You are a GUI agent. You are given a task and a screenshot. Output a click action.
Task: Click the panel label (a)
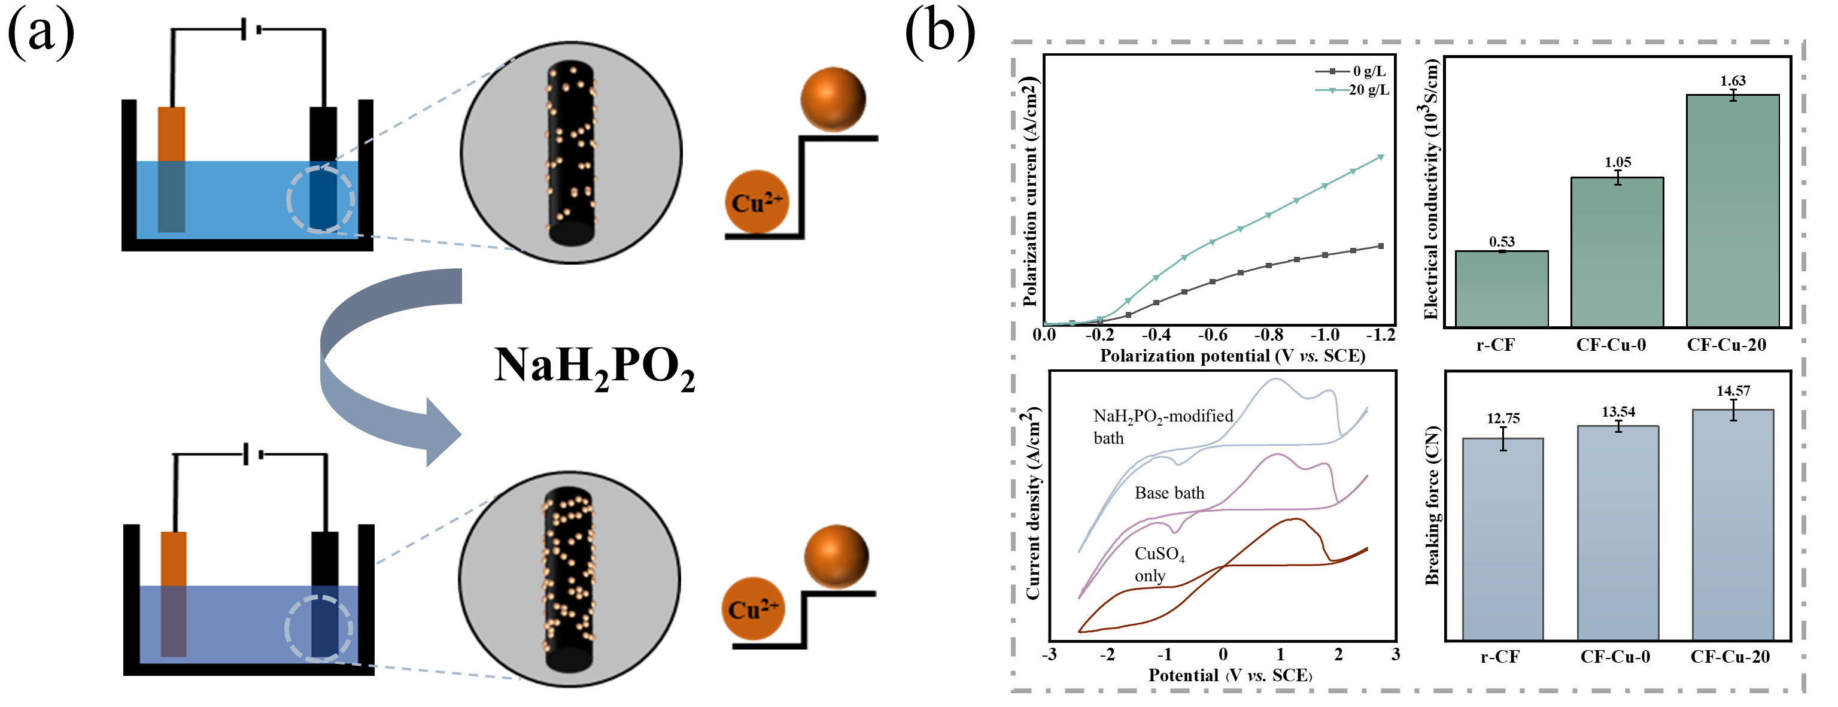tap(41, 33)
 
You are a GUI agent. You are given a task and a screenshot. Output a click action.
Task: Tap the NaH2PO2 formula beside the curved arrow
tap(594, 368)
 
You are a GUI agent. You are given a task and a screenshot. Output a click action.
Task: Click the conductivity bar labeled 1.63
tap(1733, 211)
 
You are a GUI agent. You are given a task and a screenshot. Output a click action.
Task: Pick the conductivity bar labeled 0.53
tap(1501, 289)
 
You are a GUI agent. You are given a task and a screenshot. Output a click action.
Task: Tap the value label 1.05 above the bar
tap(1618, 162)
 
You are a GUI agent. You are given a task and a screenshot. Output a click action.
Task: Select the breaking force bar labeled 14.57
tap(1733, 524)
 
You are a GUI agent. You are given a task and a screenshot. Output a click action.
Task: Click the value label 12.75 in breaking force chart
tap(1503, 418)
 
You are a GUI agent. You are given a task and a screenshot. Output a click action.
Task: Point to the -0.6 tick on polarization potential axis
tap(1212, 335)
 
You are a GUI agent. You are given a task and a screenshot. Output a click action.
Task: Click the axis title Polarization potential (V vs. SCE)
tap(1232, 355)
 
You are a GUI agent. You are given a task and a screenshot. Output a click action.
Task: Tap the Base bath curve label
tap(1169, 493)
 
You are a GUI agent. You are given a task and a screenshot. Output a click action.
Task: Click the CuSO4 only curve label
tap(1159, 565)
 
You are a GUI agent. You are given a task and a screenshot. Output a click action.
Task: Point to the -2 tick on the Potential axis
tap(1107, 654)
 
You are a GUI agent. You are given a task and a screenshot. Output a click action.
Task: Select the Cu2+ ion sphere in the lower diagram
tap(753, 609)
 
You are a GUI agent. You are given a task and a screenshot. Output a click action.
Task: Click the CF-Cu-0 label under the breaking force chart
tap(1615, 656)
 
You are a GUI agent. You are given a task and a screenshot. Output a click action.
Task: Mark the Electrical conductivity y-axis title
tap(1429, 189)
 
